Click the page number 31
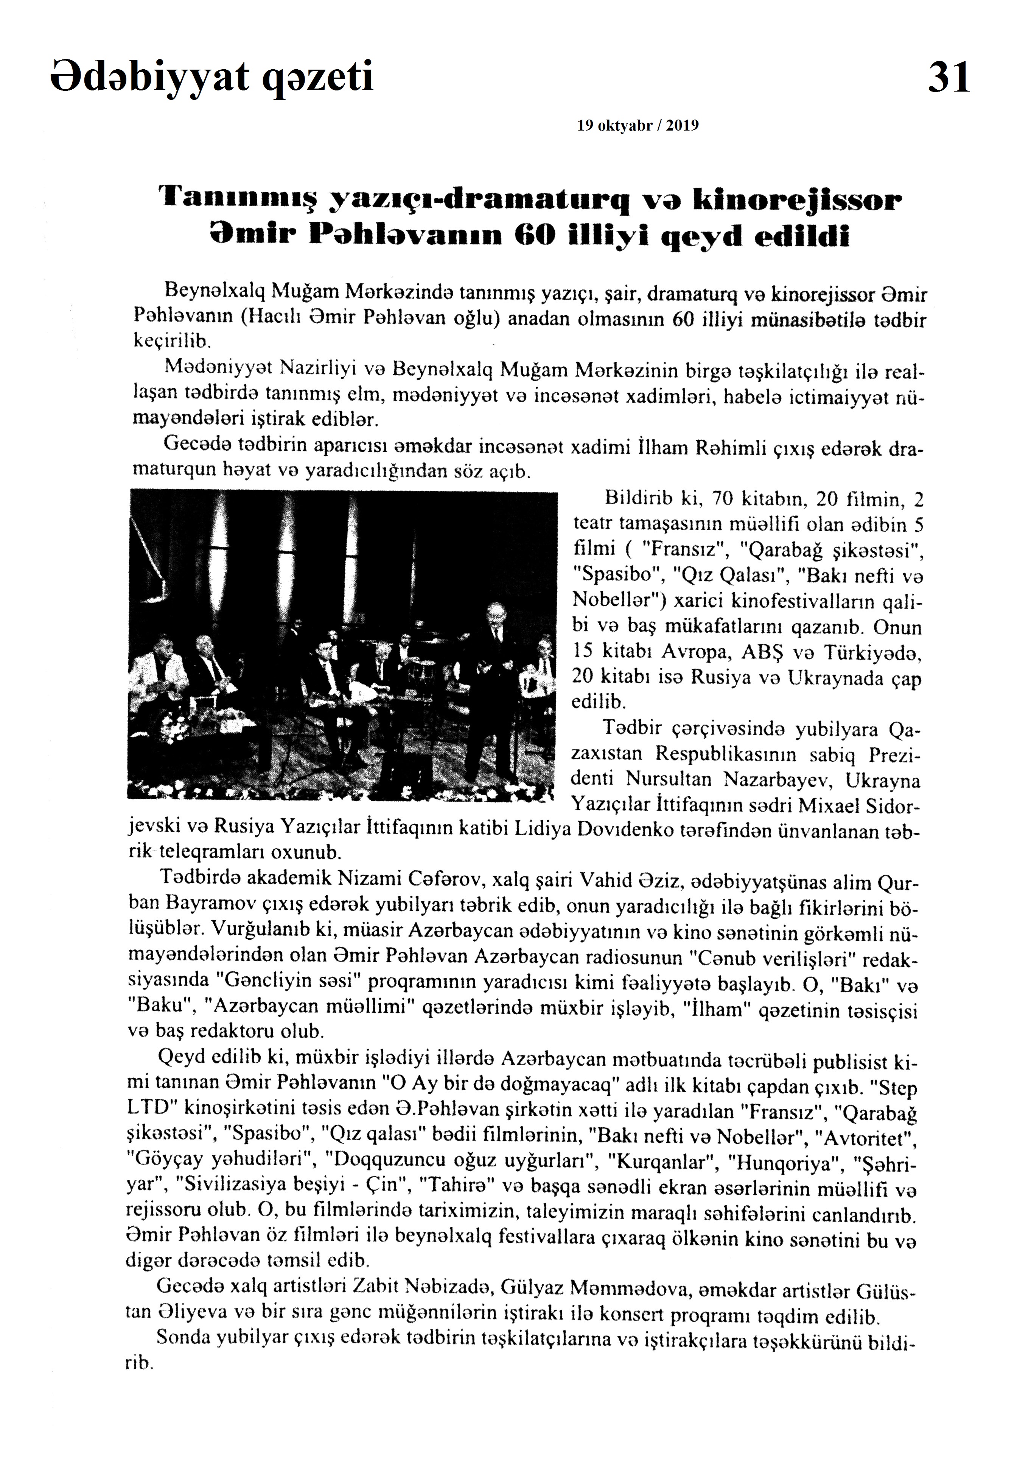[949, 78]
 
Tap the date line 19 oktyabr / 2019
[638, 126]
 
